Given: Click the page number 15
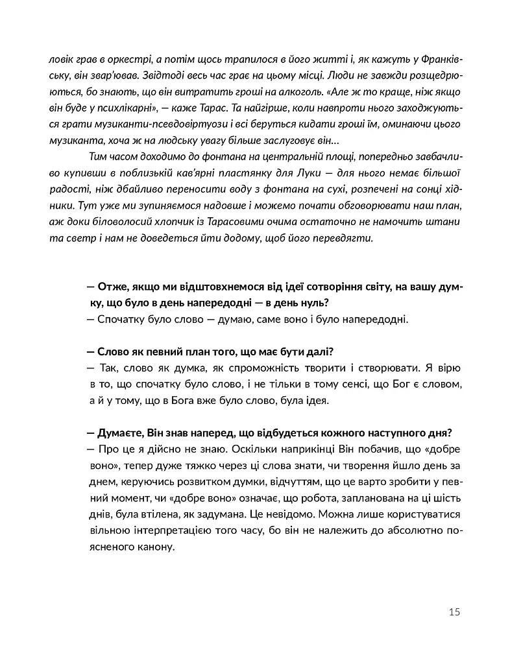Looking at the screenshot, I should point(454,611).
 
